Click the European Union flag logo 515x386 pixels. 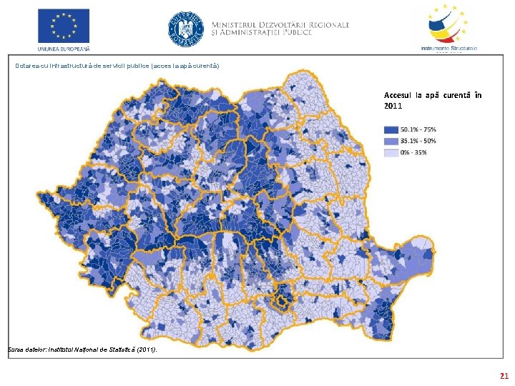[x=64, y=26]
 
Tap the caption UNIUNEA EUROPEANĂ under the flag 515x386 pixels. [x=64, y=49]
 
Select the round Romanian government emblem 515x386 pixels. [x=185, y=29]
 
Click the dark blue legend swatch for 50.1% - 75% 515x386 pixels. [x=391, y=129]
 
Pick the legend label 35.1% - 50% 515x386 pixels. [x=418, y=141]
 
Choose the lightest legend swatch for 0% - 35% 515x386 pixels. [x=391, y=152]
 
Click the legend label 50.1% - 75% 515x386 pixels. [x=418, y=129]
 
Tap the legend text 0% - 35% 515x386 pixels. [x=414, y=152]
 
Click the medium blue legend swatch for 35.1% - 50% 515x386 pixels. [x=391, y=141]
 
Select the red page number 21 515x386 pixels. [x=504, y=375]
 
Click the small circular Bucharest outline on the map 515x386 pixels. [x=284, y=303]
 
